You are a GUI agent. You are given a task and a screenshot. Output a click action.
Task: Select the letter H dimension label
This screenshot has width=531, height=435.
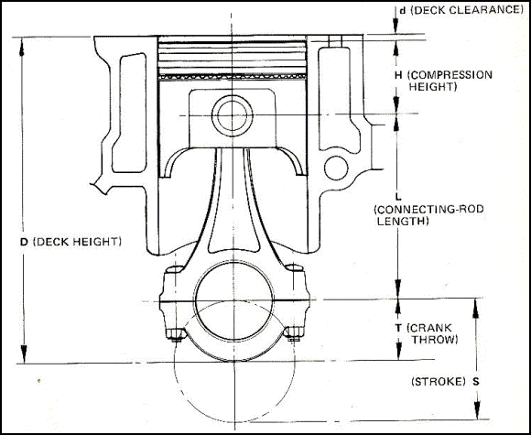click(399, 74)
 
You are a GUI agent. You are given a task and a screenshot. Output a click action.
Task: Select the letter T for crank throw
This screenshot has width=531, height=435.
click(399, 327)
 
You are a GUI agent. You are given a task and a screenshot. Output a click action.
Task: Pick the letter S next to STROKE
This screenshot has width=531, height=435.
click(476, 380)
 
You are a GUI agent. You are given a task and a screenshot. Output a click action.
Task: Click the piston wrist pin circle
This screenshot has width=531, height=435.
click(226, 114)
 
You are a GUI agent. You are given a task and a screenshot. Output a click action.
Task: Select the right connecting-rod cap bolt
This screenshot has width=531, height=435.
click(294, 330)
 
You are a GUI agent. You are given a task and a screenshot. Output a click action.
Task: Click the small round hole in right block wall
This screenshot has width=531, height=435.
click(338, 167)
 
